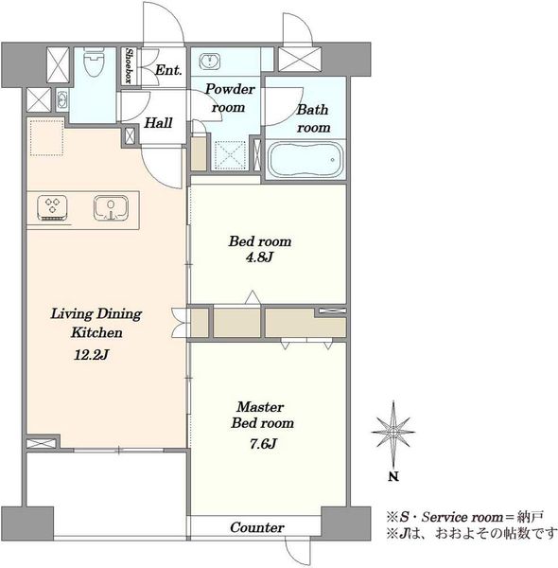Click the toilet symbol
[94, 62]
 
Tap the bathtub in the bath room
[305, 160]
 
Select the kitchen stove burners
[52, 208]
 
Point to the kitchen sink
[111, 208]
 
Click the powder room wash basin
[210, 61]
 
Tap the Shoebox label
[129, 66]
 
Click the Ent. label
[168, 70]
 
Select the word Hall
[159, 123]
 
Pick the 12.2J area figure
[91, 355]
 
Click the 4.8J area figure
[259, 257]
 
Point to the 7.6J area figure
[263, 444]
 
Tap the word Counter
[257, 527]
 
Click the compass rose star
[393, 432]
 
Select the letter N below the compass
[393, 477]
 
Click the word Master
[260, 407]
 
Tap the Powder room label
[230, 98]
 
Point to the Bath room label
[313, 118]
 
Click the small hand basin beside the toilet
[62, 100]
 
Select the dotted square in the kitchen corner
[46, 138]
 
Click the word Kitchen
[96, 332]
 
